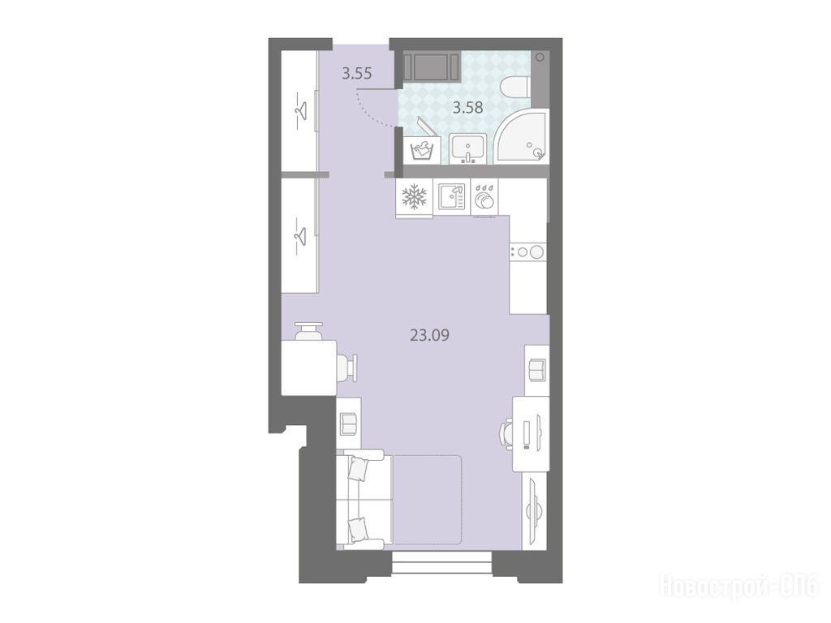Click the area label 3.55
click(357, 74)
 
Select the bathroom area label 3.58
click(467, 108)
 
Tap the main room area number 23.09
click(430, 335)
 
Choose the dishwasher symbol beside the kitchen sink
click(484, 199)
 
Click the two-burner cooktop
click(527, 252)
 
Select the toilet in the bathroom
click(515, 86)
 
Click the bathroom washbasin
click(468, 148)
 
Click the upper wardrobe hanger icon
click(300, 110)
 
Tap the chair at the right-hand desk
click(506, 434)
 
